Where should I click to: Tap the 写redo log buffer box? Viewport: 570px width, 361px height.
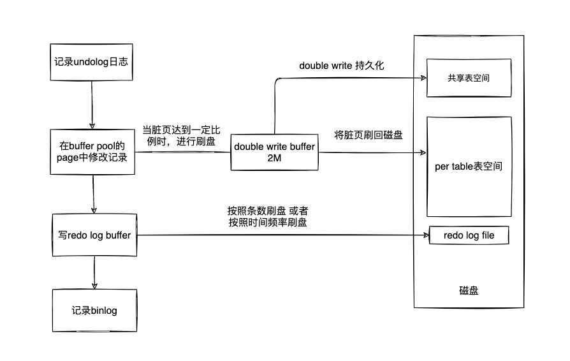point(93,235)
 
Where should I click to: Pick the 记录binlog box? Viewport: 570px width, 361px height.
point(94,310)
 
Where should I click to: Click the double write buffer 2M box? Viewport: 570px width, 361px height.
point(275,152)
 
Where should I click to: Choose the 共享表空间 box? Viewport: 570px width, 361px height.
point(469,80)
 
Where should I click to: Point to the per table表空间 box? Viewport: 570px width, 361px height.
point(469,167)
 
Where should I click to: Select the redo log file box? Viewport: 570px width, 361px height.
point(469,235)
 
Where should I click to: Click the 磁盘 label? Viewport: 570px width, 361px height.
point(469,290)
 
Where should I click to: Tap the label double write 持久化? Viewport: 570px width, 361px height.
point(342,66)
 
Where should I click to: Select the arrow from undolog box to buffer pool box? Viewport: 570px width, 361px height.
point(92,105)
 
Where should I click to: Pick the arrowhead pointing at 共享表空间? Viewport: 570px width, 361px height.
point(422,78)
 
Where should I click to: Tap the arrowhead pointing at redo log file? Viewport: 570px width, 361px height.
point(425,235)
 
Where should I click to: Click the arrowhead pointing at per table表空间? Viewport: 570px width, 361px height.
point(421,152)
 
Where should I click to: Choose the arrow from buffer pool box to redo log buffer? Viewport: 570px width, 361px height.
point(94,195)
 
